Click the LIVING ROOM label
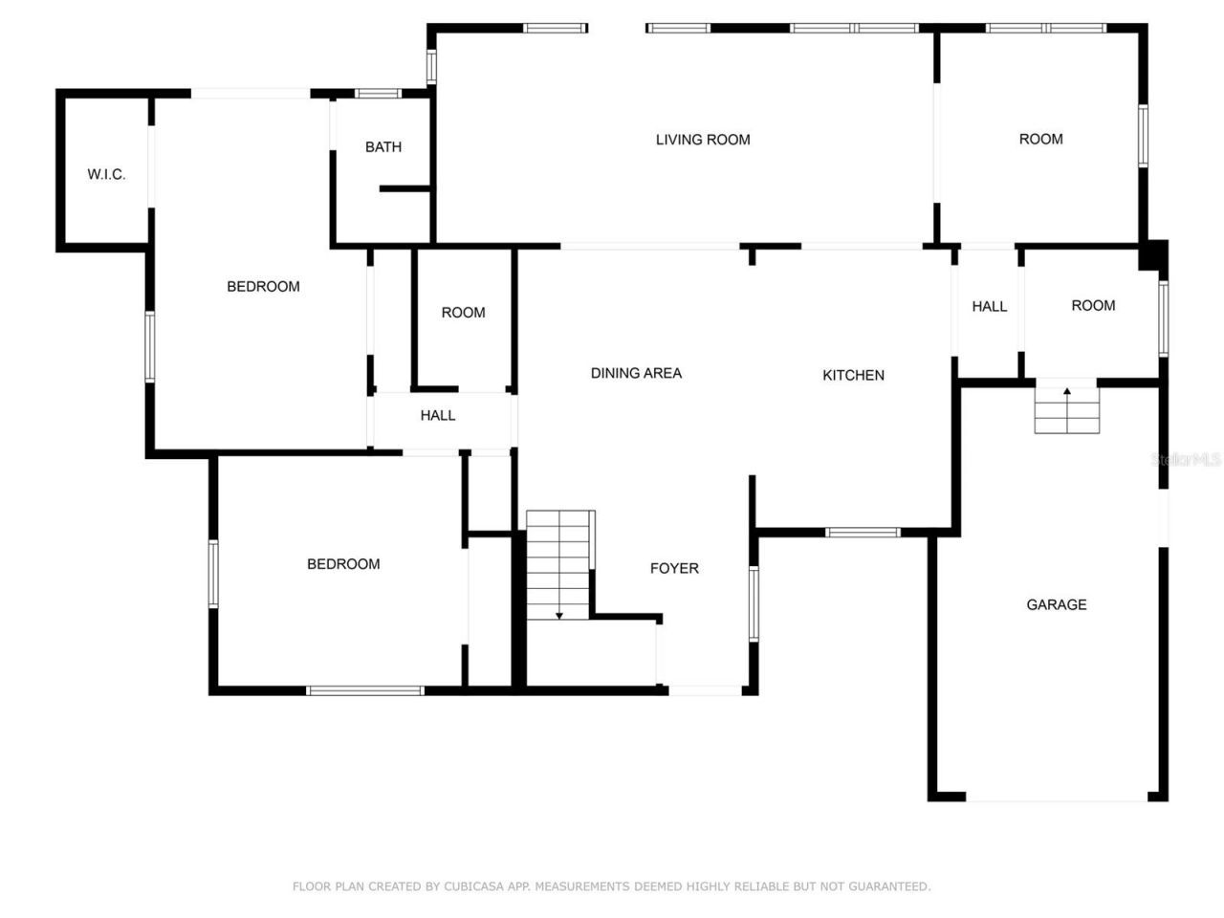click(703, 140)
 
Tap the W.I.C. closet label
click(106, 174)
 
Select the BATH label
click(383, 147)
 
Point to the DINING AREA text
click(636, 373)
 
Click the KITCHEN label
click(853, 375)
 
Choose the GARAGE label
click(1056, 604)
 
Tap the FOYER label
click(674, 568)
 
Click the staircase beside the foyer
click(559, 565)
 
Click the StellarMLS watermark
click(1186, 460)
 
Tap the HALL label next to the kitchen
click(990, 306)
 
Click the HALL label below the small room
click(438, 415)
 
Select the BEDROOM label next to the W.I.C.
click(263, 286)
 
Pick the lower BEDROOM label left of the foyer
click(343, 564)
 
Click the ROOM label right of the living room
click(1040, 140)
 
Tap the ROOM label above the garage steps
click(1093, 305)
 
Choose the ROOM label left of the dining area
click(463, 313)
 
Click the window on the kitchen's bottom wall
click(863, 533)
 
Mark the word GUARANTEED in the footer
click(892, 886)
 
